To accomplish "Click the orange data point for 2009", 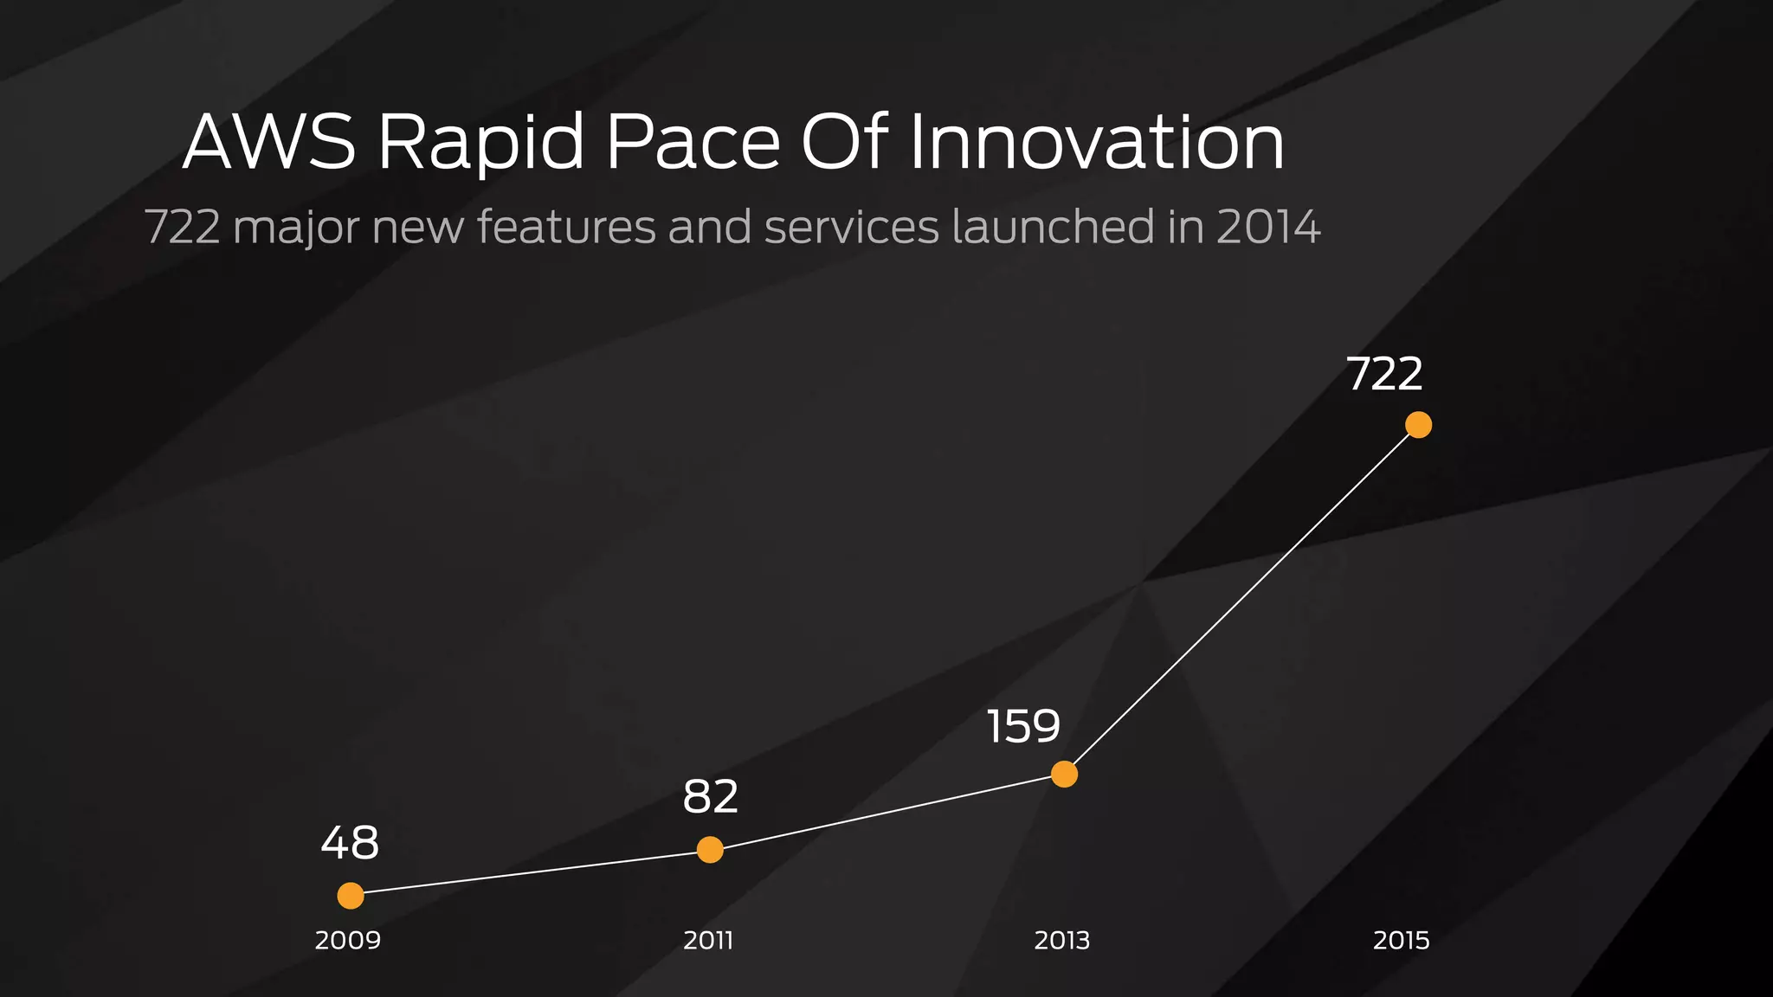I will (351, 896).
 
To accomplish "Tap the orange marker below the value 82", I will (710, 850).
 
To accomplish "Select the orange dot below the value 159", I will (1064, 774).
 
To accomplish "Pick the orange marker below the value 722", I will (1418, 425).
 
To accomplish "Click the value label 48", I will (350, 843).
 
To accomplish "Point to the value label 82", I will (711, 797).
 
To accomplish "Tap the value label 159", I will (1023, 726).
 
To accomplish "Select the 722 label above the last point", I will (1384, 375).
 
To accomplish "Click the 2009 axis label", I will (348, 940).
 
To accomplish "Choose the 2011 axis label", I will (708, 940).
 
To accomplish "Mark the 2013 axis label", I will (1062, 940).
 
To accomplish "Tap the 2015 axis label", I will (1401, 940).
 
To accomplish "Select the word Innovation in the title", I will (1096, 142).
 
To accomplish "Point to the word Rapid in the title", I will (481, 144).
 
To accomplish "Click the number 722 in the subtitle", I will (182, 227).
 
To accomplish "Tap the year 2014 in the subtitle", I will (1268, 227).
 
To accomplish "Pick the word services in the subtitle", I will (852, 227).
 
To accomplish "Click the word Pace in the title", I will (693, 142).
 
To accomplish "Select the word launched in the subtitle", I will (1053, 227).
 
